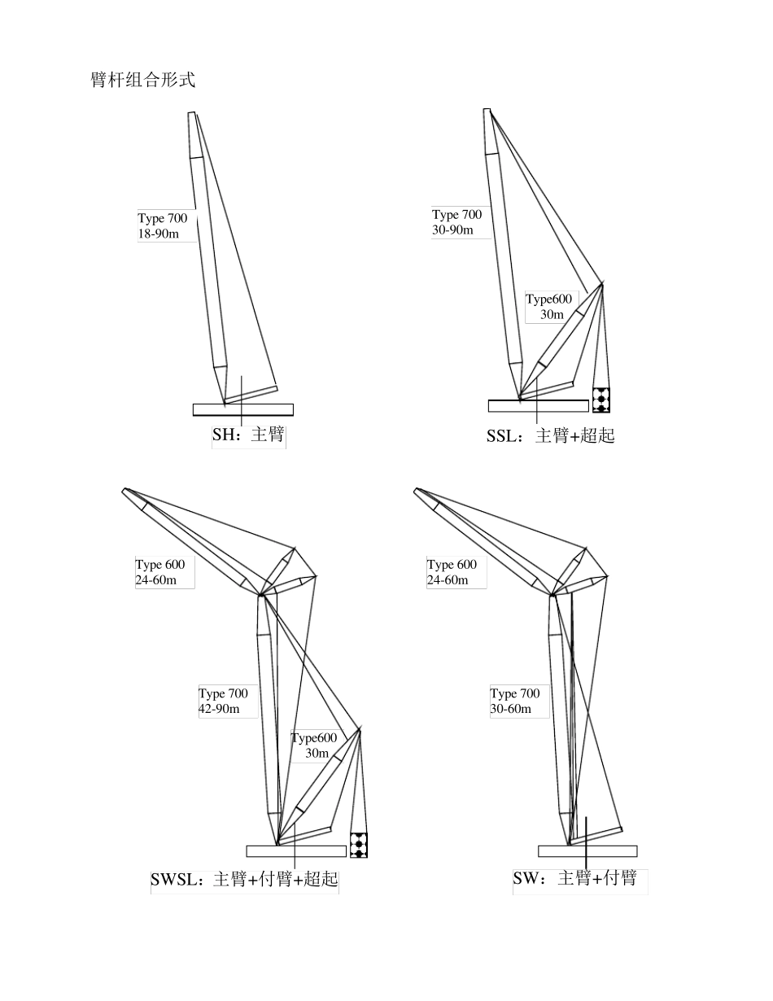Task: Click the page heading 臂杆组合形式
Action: pyautogui.click(x=142, y=80)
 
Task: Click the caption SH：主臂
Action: pyautogui.click(x=248, y=435)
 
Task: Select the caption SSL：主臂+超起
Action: pyautogui.click(x=550, y=435)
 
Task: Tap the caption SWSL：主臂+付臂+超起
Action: pyautogui.click(x=244, y=880)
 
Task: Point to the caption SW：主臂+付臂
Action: pyautogui.click(x=574, y=879)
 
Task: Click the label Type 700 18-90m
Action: pyautogui.click(x=163, y=226)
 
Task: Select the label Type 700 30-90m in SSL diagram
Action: pyautogui.click(x=456, y=222)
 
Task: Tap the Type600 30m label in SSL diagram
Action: pyautogui.click(x=549, y=307)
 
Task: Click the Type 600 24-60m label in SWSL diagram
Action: pyautogui.click(x=160, y=572)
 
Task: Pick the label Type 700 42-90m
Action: pyautogui.click(x=223, y=701)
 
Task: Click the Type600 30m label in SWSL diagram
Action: pyautogui.click(x=314, y=745)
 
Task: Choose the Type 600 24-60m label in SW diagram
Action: pyautogui.click(x=452, y=572)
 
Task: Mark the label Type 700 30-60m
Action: pyautogui.click(x=514, y=701)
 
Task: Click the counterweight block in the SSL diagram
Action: pyautogui.click(x=601, y=400)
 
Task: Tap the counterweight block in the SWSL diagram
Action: pyautogui.click(x=359, y=845)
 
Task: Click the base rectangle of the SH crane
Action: pyautogui.click(x=242, y=409)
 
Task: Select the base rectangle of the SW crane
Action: pyautogui.click(x=587, y=851)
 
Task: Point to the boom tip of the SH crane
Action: pyautogui.click(x=193, y=115)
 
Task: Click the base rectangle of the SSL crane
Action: pyautogui.click(x=538, y=405)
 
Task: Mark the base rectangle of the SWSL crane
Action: pyautogui.click(x=296, y=851)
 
